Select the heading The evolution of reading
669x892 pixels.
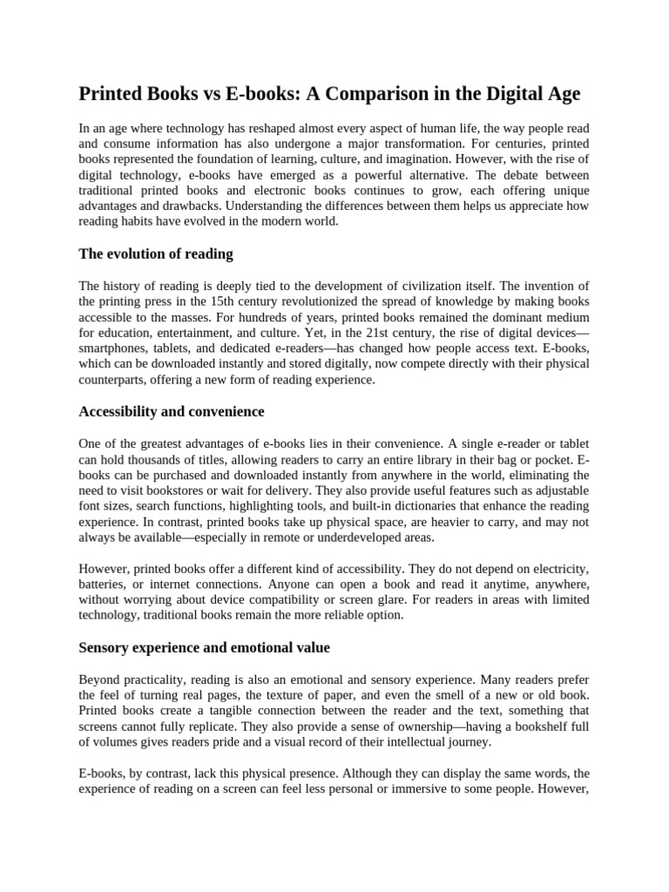[x=156, y=253]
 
